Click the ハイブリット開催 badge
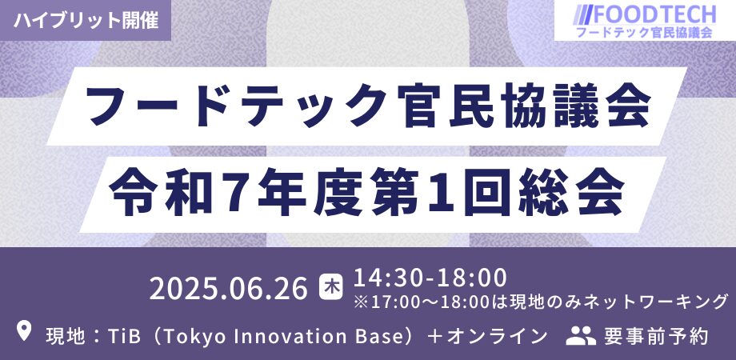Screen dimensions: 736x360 (x=86, y=20)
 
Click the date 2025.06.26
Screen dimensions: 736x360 (x=229, y=288)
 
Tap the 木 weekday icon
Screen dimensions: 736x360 (x=331, y=288)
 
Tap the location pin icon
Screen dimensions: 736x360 (x=24, y=331)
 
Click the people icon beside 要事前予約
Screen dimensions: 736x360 (x=581, y=335)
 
